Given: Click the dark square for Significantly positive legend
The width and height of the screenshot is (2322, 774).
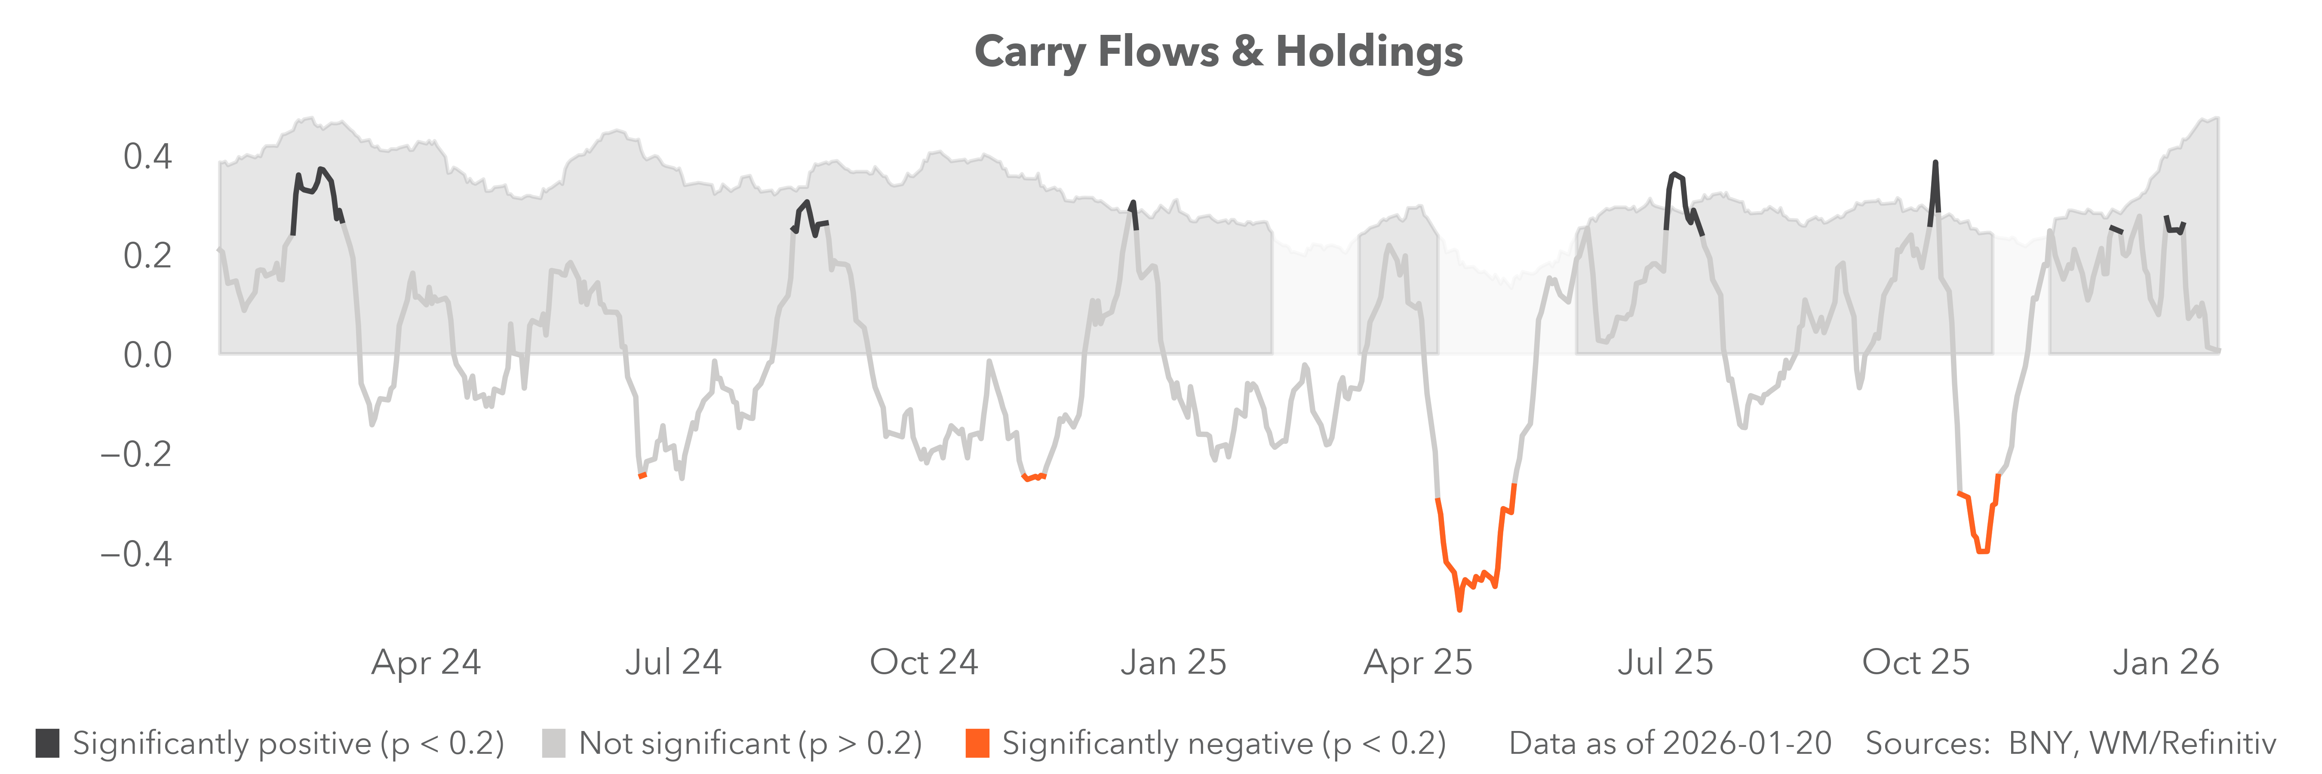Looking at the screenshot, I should tap(48, 743).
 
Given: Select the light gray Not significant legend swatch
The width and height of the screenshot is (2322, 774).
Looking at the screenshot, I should tap(553, 743).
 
